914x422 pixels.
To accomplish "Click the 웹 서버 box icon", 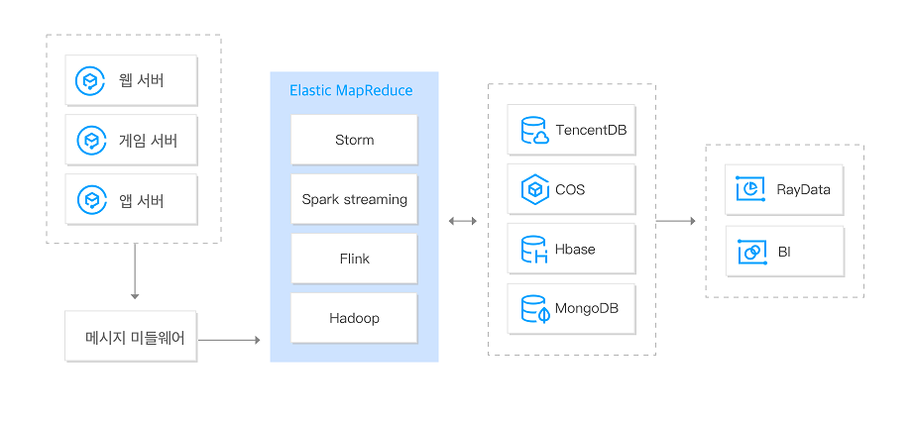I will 91,81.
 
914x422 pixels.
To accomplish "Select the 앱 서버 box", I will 131,201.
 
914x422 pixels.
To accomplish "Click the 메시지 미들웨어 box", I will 131,339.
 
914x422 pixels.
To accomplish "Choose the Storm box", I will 354,140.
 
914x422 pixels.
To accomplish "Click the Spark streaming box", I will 354,199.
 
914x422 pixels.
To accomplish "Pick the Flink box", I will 354,259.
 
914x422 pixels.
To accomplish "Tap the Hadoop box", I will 354,318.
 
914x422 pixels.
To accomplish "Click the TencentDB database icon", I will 534,131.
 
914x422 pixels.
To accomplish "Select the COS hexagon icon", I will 534,189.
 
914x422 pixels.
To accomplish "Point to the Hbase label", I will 575,250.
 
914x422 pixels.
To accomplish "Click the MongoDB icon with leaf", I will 534,309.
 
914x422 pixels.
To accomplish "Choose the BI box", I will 784,252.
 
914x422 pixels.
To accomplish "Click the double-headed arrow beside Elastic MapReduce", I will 462,220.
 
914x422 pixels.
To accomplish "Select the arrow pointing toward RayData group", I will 676,220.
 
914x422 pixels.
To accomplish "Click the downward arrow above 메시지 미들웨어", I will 134,273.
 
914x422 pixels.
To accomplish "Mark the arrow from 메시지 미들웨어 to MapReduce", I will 229,340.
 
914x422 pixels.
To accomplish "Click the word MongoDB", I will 587,309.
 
